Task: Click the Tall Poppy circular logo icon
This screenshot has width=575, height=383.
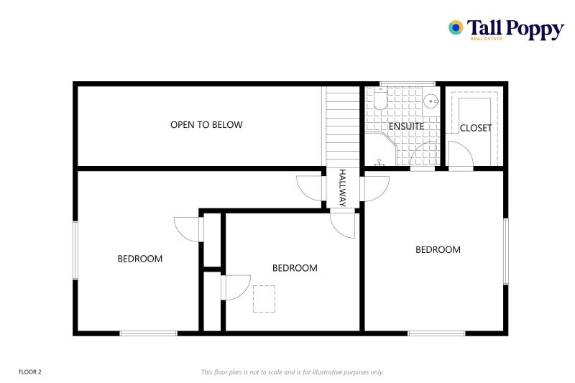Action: point(456,27)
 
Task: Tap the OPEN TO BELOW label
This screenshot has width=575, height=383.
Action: point(206,125)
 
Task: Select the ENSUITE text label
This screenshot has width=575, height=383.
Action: point(406,126)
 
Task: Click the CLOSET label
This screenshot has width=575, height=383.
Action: point(476,128)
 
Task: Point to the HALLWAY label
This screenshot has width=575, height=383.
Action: point(343,188)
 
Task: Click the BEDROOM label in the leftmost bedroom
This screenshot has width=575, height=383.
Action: point(140,259)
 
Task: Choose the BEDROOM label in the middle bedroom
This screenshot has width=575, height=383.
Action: point(295,268)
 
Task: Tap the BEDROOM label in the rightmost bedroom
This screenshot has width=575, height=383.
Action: point(438,250)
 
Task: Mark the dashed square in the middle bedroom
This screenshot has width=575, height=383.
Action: point(264,299)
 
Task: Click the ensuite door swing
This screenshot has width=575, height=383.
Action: point(423,156)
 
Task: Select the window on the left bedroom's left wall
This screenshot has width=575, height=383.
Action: point(75,250)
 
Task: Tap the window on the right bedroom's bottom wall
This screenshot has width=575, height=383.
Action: point(436,333)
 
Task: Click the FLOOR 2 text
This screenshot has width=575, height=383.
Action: point(30,372)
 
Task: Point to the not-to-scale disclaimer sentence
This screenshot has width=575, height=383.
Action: point(293,372)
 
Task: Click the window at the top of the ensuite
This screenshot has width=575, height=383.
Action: point(407,84)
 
